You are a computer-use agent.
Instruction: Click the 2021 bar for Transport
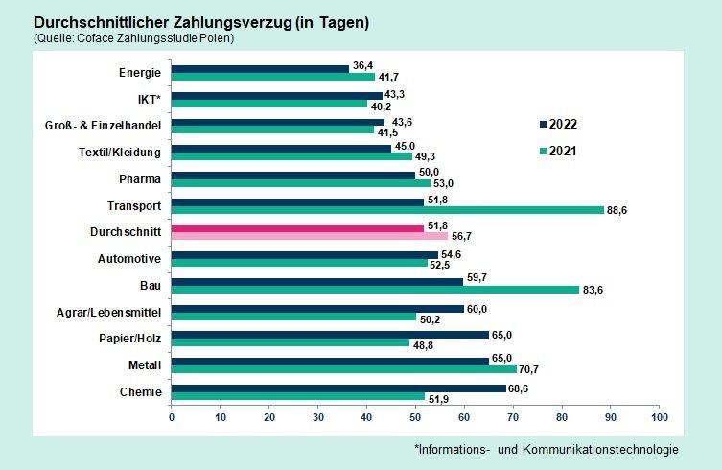387,209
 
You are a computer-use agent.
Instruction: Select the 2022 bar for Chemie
338,388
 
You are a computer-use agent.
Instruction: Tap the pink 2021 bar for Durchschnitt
310,236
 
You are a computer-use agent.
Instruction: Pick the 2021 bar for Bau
375,290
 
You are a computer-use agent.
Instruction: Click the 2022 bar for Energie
260,68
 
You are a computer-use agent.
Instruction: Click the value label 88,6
618,209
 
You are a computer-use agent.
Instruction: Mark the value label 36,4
363,64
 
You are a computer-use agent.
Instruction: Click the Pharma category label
140,178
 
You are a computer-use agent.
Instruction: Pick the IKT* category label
148,98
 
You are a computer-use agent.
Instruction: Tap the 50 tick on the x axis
415,417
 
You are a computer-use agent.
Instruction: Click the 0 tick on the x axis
172,417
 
